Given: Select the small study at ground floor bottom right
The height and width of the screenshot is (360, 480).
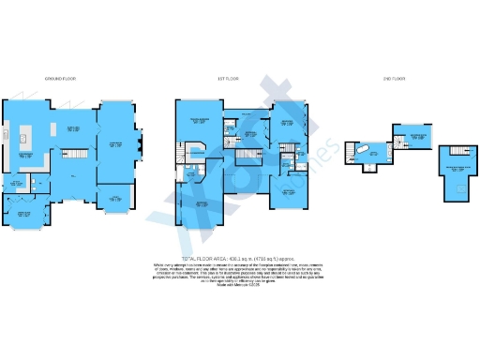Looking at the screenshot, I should click(117, 196).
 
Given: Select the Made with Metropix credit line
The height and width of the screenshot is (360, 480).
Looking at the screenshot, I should click(224, 283).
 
